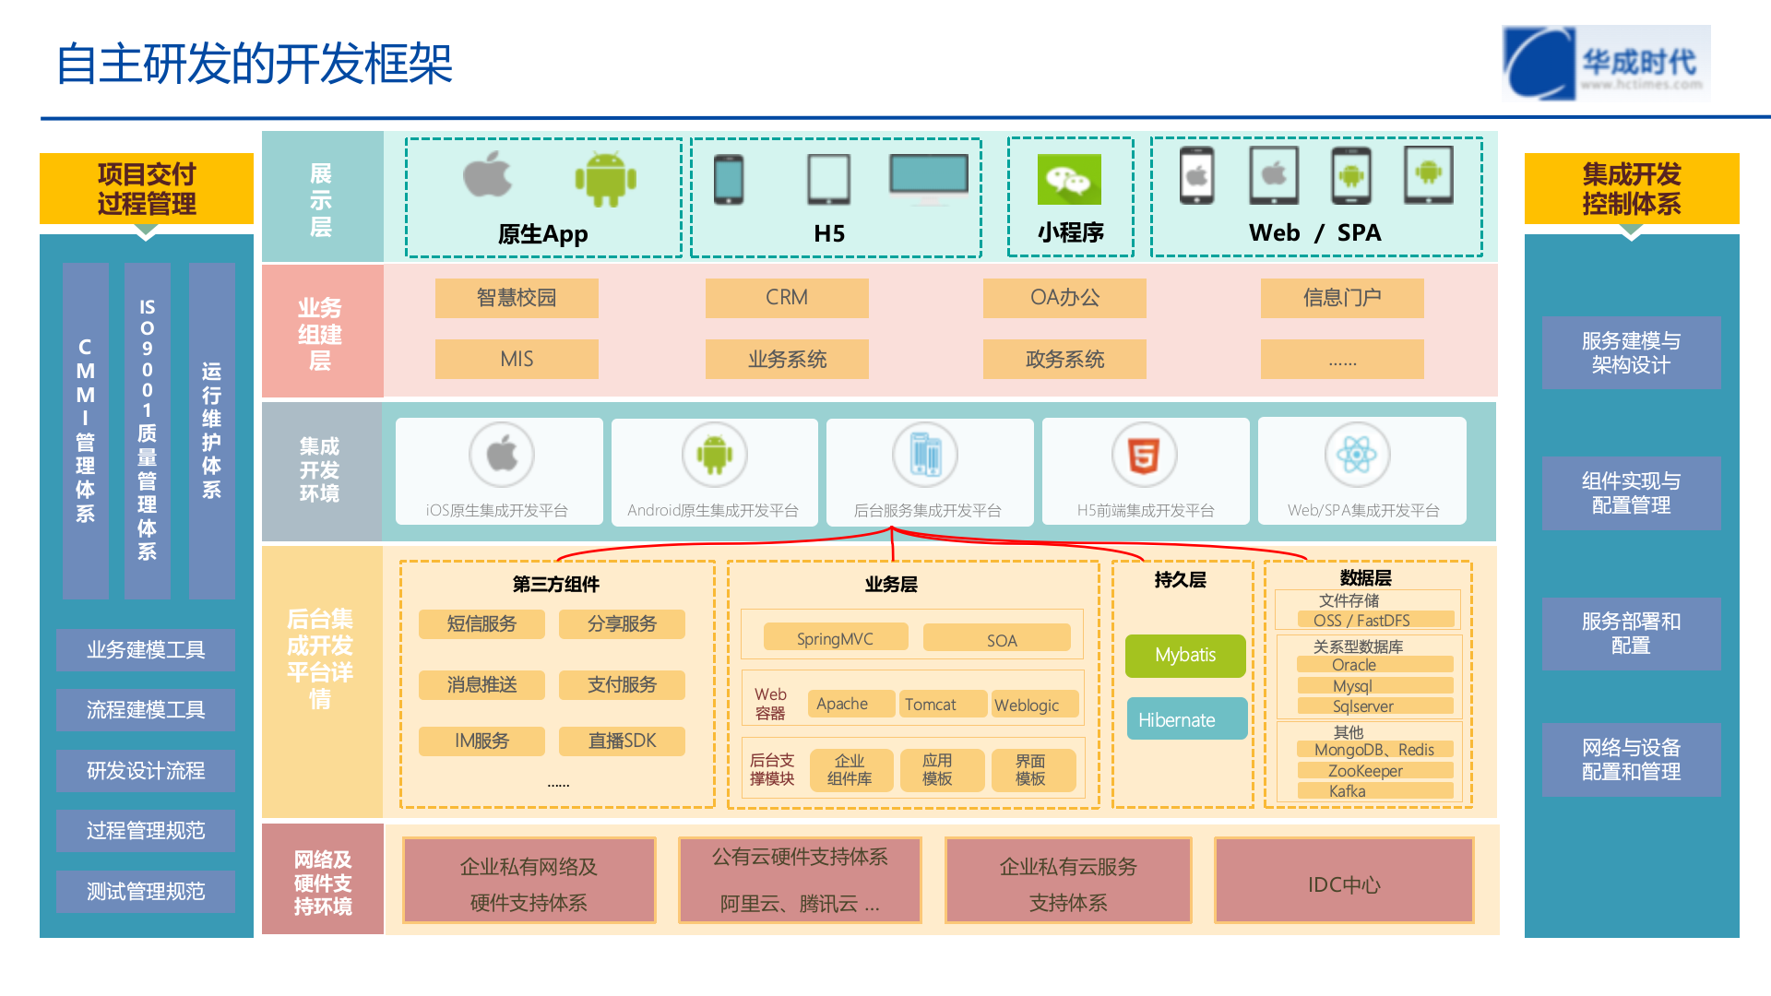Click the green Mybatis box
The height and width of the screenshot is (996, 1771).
[1185, 656]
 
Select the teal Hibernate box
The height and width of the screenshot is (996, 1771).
[1186, 719]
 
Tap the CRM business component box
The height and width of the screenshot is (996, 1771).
[787, 298]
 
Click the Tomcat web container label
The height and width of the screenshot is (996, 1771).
[931, 705]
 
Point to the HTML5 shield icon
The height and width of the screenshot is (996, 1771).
[1144, 455]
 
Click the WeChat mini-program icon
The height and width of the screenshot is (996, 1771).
[1069, 179]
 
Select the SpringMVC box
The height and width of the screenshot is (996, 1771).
[835, 638]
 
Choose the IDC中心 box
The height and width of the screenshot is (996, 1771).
[1344, 883]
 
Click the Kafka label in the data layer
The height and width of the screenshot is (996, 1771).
[1348, 791]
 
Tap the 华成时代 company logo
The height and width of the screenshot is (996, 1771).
[1606, 63]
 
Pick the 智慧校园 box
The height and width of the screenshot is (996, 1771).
[517, 298]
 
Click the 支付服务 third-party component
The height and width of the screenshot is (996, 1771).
[622, 684]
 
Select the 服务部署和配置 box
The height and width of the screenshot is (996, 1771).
[1631, 634]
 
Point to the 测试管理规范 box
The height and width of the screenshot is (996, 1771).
[146, 891]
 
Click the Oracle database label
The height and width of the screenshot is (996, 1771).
[1354, 665]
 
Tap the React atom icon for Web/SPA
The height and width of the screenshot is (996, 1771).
[1357, 455]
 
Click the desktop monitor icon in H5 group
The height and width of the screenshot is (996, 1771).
[929, 177]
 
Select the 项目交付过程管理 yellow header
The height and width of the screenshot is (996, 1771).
[147, 188]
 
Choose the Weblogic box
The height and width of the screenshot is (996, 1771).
[1027, 705]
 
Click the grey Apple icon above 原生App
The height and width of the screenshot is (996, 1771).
[488, 175]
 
